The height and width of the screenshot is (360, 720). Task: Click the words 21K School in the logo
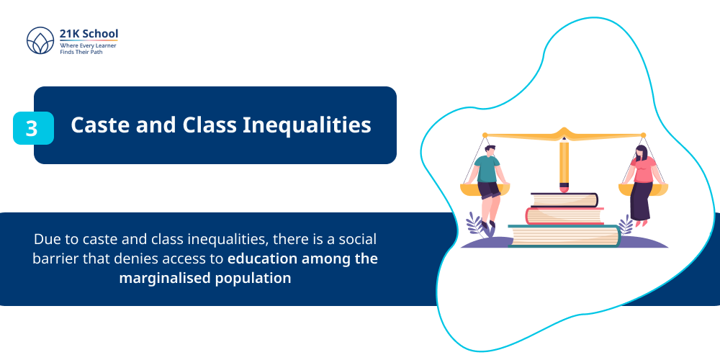click(x=89, y=33)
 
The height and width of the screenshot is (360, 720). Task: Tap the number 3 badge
click(x=32, y=128)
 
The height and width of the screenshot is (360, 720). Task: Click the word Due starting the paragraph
click(x=45, y=239)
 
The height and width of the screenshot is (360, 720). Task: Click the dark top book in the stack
click(x=564, y=199)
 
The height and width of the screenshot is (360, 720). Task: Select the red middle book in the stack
click(x=564, y=215)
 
